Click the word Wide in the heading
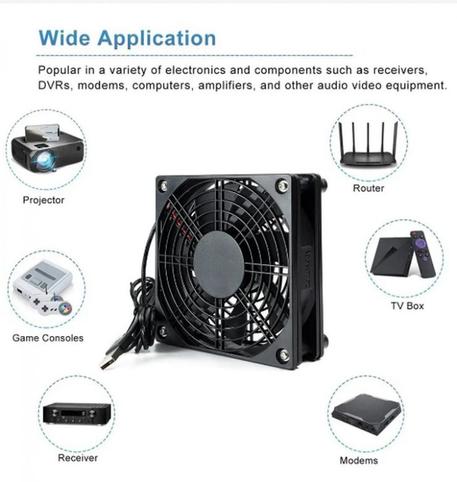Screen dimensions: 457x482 click(x=64, y=38)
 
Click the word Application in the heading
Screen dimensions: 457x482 click(x=157, y=39)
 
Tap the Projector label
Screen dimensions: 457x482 click(x=44, y=200)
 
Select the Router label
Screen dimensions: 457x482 click(x=368, y=188)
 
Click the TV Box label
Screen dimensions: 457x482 click(x=407, y=306)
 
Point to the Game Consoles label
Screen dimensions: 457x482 click(x=48, y=338)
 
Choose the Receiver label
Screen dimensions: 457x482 click(x=78, y=458)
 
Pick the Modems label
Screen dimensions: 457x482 click(x=359, y=460)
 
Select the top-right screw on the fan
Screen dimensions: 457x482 click(x=282, y=185)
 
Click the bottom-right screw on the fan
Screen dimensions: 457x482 click(x=283, y=355)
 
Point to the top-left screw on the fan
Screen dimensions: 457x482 click(x=164, y=185)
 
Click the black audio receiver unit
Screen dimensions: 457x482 click(x=77, y=414)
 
